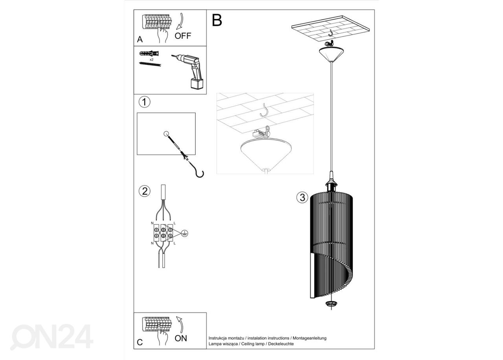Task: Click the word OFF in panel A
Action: click(183, 36)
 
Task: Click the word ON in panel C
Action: click(181, 338)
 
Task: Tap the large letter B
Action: click(217, 20)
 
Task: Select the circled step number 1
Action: click(144, 102)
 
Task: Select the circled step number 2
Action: click(144, 191)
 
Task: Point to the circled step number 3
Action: click(302, 197)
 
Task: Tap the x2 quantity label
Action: click(152, 60)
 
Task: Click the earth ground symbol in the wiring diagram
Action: click(185, 233)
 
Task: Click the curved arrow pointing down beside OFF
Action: click(180, 21)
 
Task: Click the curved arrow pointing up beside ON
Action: click(180, 325)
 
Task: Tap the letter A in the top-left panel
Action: click(140, 40)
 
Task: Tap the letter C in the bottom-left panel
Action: click(140, 342)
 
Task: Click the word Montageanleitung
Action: click(309, 338)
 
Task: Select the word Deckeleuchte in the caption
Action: click(281, 344)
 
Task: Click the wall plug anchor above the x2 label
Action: click(149, 54)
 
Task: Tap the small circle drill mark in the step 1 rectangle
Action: click(166, 134)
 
